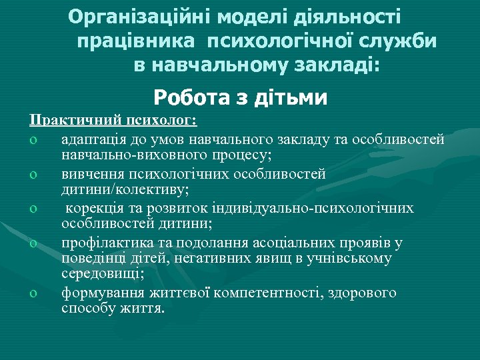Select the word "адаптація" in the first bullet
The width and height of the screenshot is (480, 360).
point(93,139)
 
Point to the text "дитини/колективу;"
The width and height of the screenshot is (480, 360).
point(125,190)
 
